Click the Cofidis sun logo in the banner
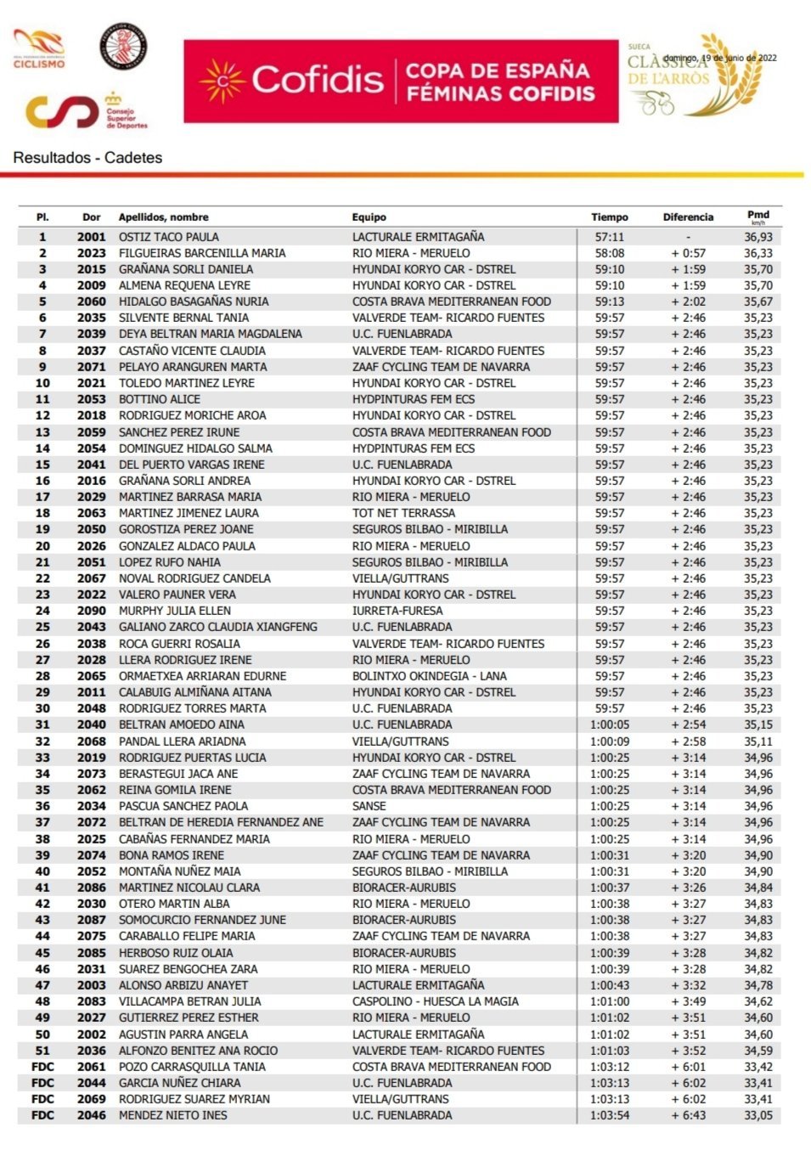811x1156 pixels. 222,82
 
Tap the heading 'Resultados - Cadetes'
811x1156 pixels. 87,157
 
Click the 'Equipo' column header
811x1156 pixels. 369,217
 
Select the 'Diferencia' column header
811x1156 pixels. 688,217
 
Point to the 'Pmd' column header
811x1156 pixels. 757,217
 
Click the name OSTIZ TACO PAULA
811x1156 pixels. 168,237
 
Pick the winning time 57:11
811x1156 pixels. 609,237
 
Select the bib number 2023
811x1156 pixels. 92,253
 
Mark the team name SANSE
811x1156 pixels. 369,806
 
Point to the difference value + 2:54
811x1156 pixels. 688,725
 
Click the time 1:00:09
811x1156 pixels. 609,742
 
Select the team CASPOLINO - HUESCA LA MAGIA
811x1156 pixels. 435,1001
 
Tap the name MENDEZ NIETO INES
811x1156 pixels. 172,1115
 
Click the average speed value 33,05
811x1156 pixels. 758,1115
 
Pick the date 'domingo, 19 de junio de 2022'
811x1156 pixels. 719,58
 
